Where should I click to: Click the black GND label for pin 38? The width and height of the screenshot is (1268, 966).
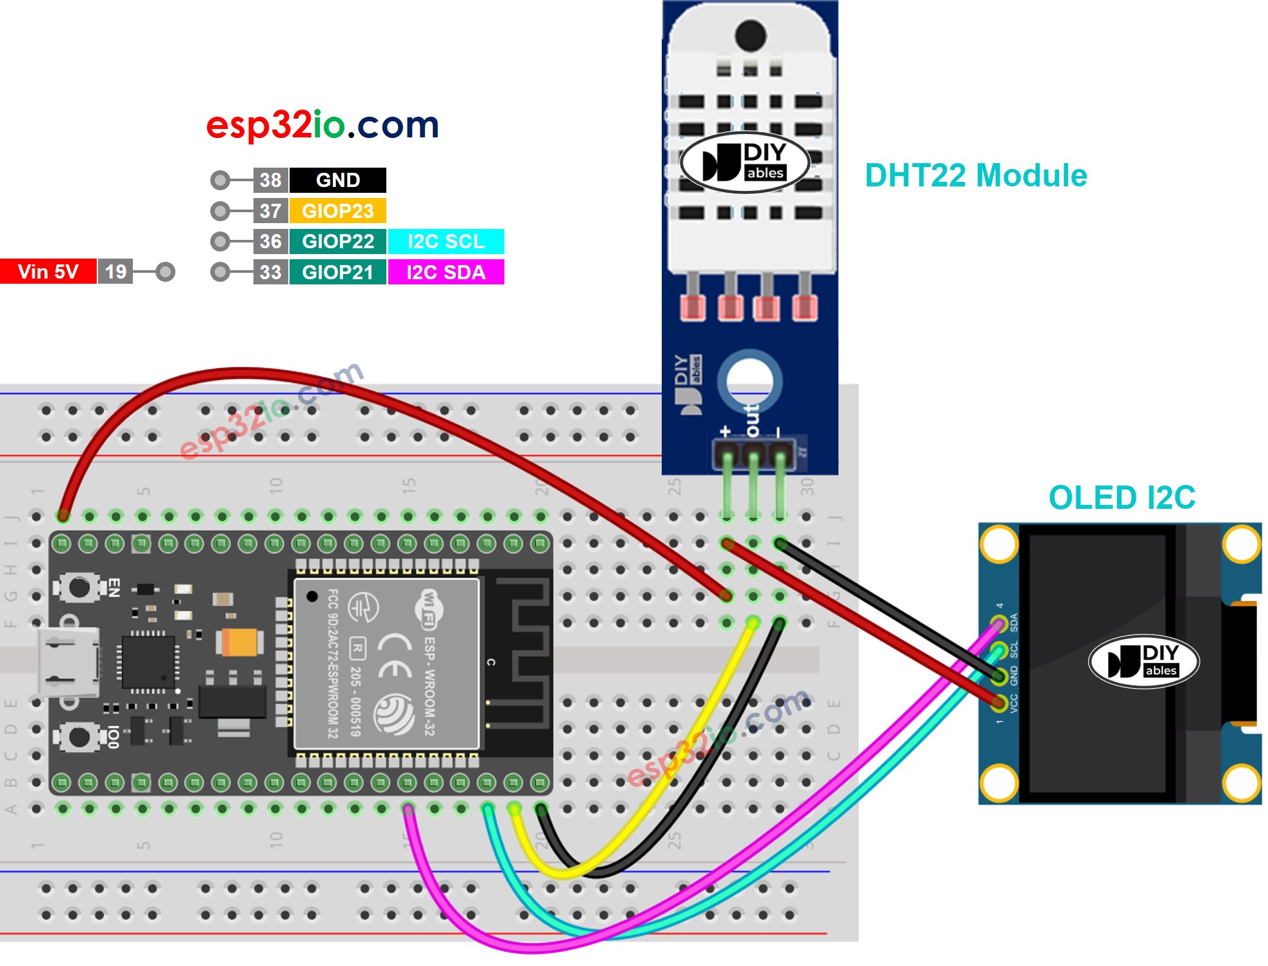(x=337, y=180)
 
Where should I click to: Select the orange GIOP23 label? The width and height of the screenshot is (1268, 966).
(x=337, y=211)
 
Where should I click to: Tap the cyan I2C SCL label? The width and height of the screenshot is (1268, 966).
(x=446, y=241)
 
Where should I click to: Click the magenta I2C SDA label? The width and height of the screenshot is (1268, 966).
(x=446, y=272)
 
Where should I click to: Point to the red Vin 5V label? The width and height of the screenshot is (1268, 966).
(x=48, y=271)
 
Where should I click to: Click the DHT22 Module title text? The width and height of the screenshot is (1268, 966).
(x=975, y=175)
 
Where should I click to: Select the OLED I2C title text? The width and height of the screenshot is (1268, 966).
(x=1122, y=498)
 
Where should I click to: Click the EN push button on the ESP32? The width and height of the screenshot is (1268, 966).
(x=79, y=587)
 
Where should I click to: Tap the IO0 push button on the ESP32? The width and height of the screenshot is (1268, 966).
(x=79, y=736)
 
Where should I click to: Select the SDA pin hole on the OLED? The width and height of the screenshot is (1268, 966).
(x=999, y=624)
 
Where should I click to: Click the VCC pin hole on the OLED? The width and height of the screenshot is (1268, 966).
(x=999, y=702)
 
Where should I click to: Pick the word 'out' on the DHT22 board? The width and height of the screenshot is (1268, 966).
(x=752, y=420)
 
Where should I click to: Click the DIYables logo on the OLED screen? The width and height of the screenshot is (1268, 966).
(x=1144, y=662)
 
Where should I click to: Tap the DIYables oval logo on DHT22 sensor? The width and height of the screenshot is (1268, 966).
(x=745, y=163)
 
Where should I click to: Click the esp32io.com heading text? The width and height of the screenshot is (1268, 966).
(x=322, y=124)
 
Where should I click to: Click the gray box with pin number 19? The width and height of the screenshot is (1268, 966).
(x=115, y=271)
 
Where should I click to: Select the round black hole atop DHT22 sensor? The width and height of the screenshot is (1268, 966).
(x=750, y=35)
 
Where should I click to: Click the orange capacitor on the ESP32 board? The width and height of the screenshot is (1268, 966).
(x=240, y=642)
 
